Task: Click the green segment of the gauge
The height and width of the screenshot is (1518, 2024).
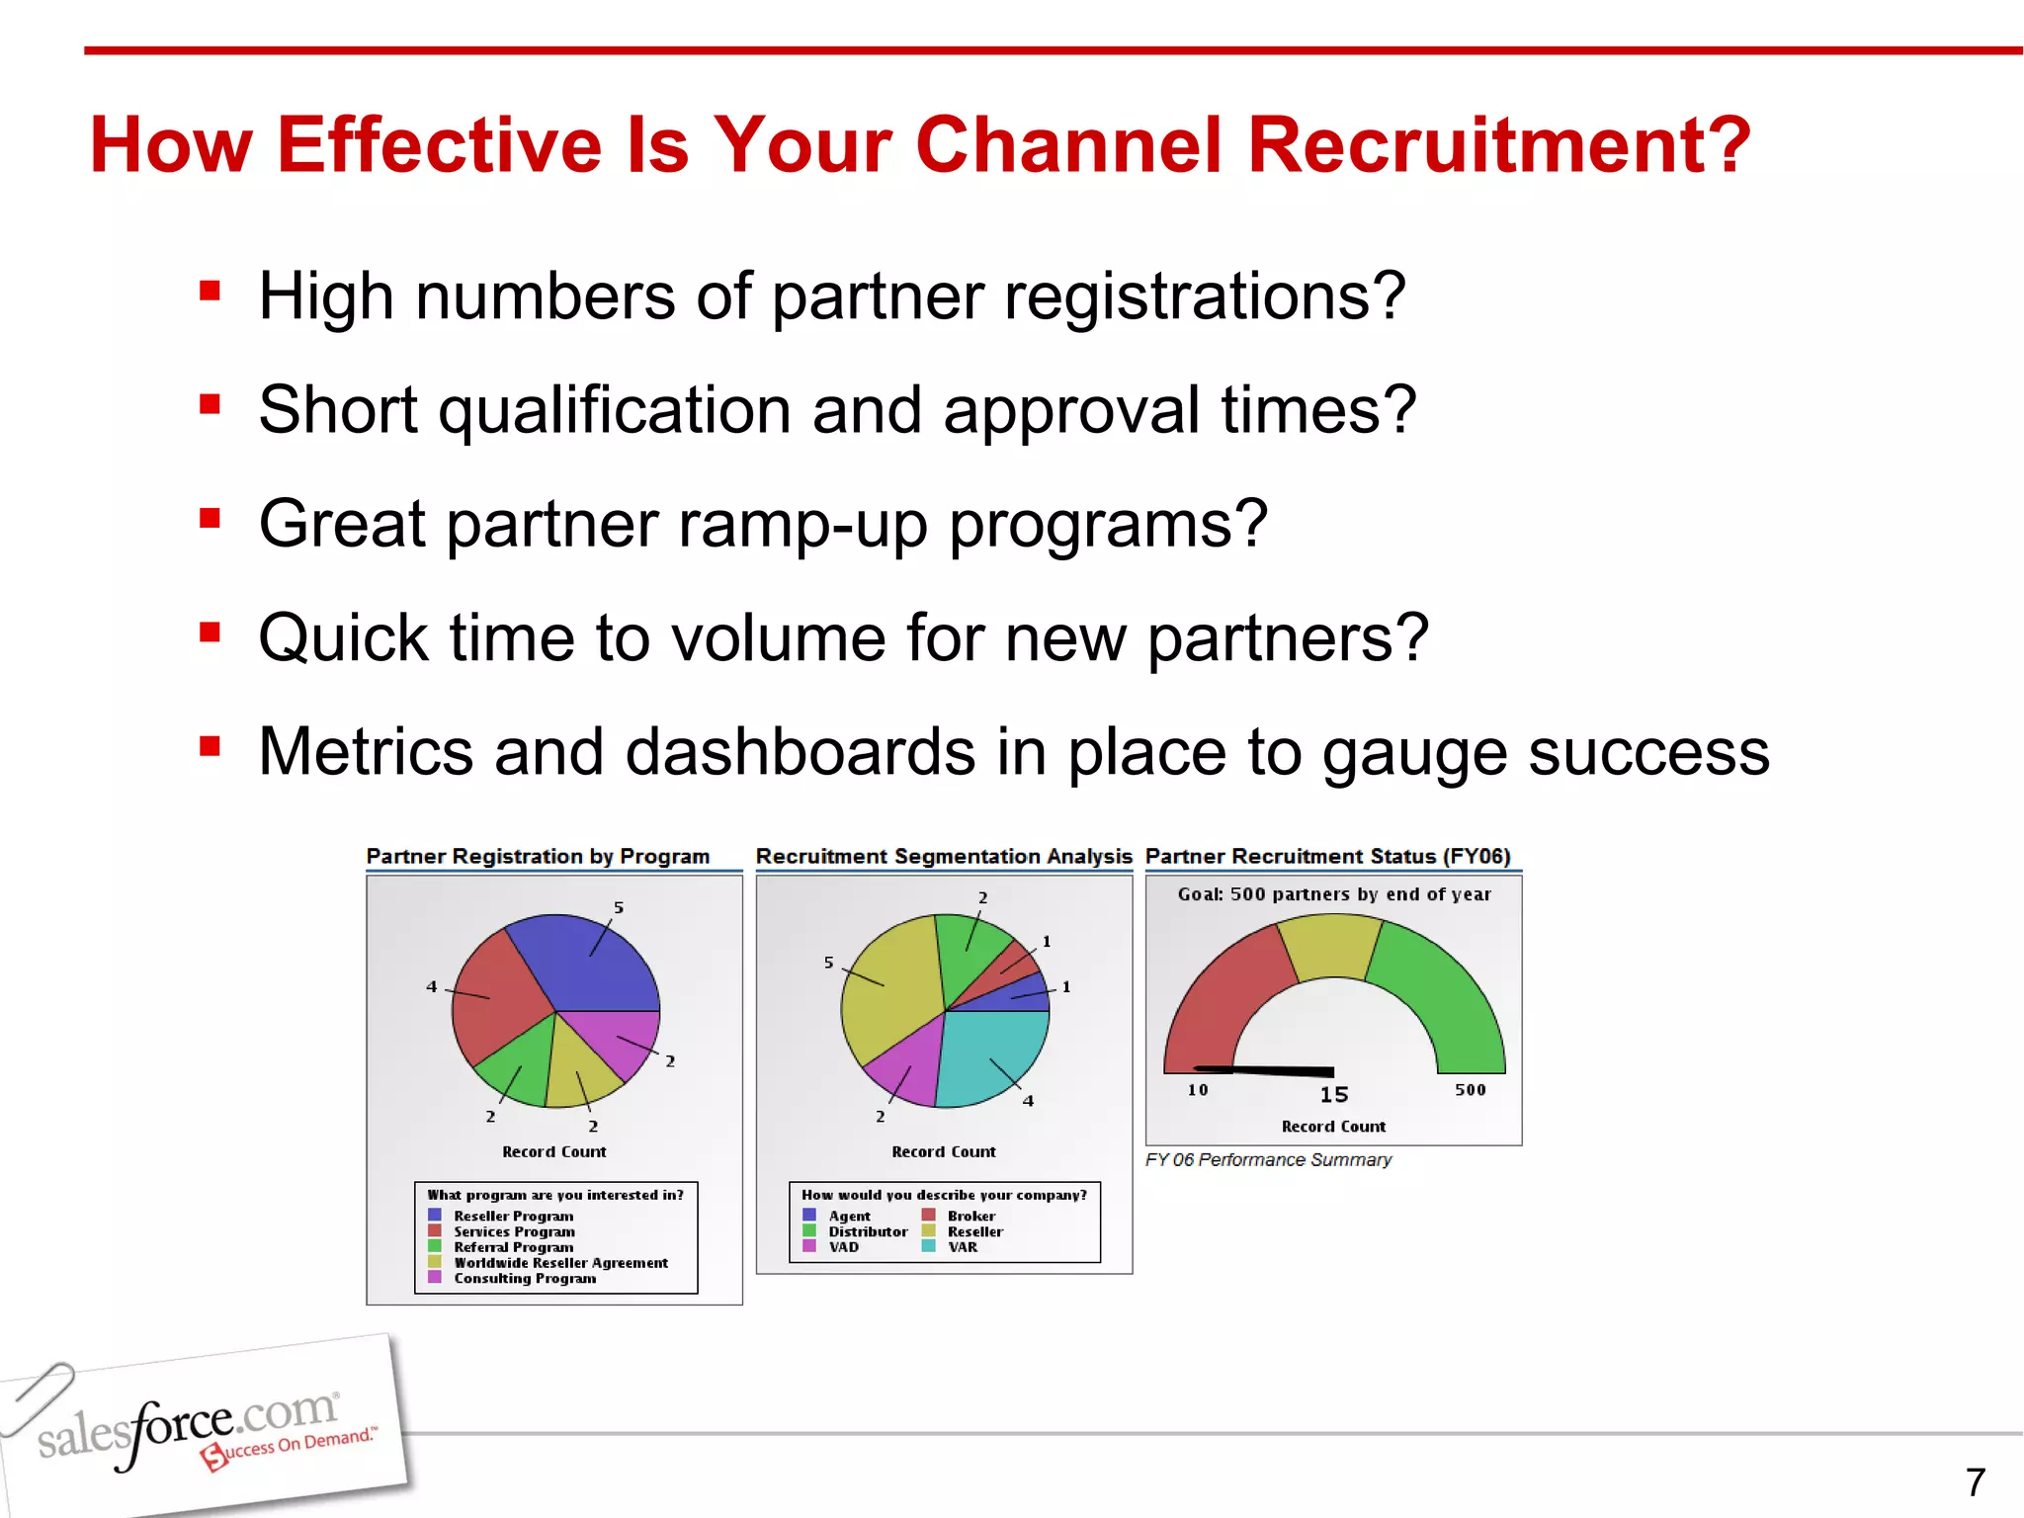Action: pyautogui.click(x=1443, y=988)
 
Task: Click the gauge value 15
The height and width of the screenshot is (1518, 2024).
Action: pyautogui.click(x=1334, y=1095)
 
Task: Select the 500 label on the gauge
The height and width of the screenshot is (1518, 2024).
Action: pyautogui.click(x=1470, y=1090)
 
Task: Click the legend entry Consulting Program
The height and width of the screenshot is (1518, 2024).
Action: pyautogui.click(x=525, y=1279)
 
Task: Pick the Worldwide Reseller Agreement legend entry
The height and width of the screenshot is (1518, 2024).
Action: pyautogui.click(x=560, y=1263)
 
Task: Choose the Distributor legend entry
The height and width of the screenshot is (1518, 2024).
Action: pyautogui.click(x=868, y=1232)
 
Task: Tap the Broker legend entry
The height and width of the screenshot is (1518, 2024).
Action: pyautogui.click(x=971, y=1217)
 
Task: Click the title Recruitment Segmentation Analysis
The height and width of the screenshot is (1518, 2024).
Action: pyautogui.click(x=944, y=857)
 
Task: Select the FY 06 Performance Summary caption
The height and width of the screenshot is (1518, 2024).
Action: pyautogui.click(x=1268, y=1160)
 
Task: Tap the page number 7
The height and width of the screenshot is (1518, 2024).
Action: pyautogui.click(x=1975, y=1482)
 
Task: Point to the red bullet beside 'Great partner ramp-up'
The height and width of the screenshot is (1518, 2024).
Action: pyautogui.click(x=210, y=519)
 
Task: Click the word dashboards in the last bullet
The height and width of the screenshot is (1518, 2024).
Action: pyautogui.click(x=801, y=752)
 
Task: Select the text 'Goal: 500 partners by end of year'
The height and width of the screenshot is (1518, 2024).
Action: pyautogui.click(x=1334, y=894)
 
